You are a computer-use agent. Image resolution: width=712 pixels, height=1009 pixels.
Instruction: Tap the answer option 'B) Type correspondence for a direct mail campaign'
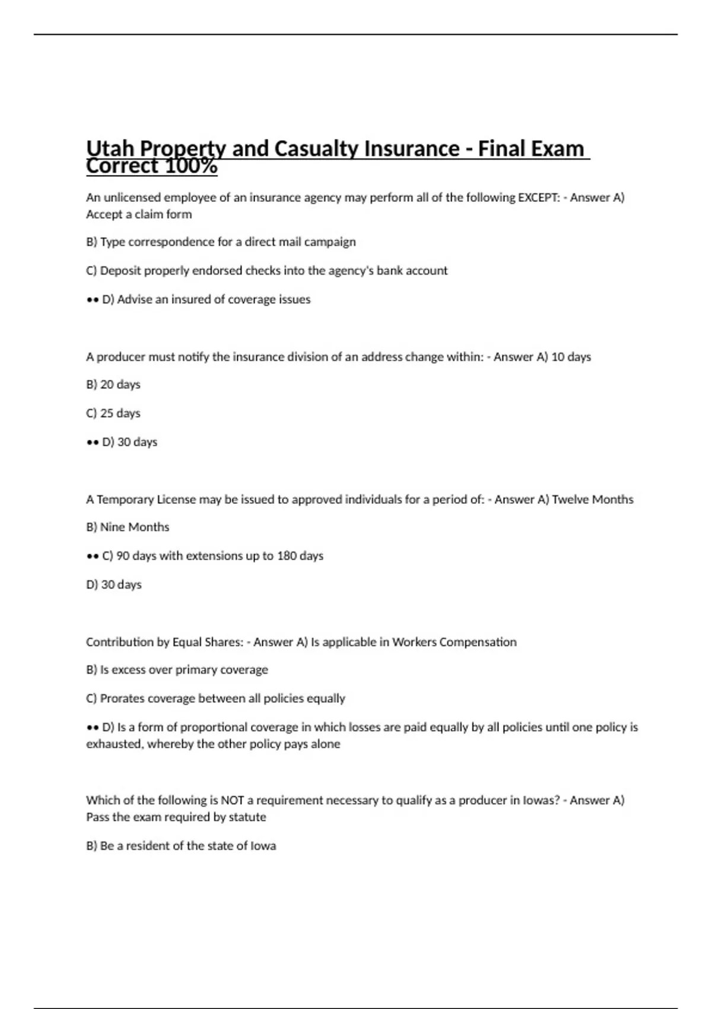point(221,242)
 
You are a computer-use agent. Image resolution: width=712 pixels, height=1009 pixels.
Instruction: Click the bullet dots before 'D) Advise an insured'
point(92,300)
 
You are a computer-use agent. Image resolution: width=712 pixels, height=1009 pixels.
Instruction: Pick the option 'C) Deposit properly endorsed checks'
point(266,271)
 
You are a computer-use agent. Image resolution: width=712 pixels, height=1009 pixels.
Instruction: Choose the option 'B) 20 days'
point(113,385)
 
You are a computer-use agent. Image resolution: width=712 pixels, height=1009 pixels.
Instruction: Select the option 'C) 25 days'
point(113,413)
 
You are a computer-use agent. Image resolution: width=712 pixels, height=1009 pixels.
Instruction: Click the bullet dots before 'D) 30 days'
point(92,442)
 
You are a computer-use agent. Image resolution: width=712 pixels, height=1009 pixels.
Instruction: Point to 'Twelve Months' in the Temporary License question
point(592,500)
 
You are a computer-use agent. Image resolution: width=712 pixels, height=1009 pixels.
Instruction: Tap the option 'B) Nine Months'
point(128,527)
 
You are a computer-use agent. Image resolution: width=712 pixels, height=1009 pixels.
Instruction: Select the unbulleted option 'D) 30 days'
point(114,585)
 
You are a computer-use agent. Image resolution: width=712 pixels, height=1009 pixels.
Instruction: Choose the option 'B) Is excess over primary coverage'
point(177,670)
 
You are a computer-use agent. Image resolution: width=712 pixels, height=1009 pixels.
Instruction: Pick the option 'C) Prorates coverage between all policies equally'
point(215,699)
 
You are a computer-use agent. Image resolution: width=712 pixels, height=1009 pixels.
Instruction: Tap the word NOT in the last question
point(232,801)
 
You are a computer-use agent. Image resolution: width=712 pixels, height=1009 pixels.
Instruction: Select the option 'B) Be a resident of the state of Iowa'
point(181,846)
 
